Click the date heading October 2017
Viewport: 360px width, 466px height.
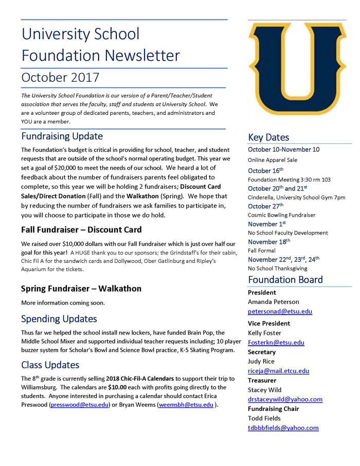point(61,78)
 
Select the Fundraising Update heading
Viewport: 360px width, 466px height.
point(62,136)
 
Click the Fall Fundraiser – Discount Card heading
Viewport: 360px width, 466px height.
point(81,229)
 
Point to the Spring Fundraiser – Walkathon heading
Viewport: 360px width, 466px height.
point(81,289)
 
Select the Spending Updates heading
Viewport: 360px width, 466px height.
point(59,319)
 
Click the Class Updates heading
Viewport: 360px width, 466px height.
point(50,365)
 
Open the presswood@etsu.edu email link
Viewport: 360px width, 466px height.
point(79,405)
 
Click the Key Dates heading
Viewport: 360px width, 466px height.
point(268,137)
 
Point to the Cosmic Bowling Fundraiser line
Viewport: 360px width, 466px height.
point(282,215)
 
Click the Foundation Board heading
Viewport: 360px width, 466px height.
point(285,280)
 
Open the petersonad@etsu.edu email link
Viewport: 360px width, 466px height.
point(280,311)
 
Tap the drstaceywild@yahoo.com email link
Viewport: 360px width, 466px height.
point(285,399)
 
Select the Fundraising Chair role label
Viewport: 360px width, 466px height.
point(274,408)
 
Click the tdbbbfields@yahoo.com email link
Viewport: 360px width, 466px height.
point(283,428)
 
